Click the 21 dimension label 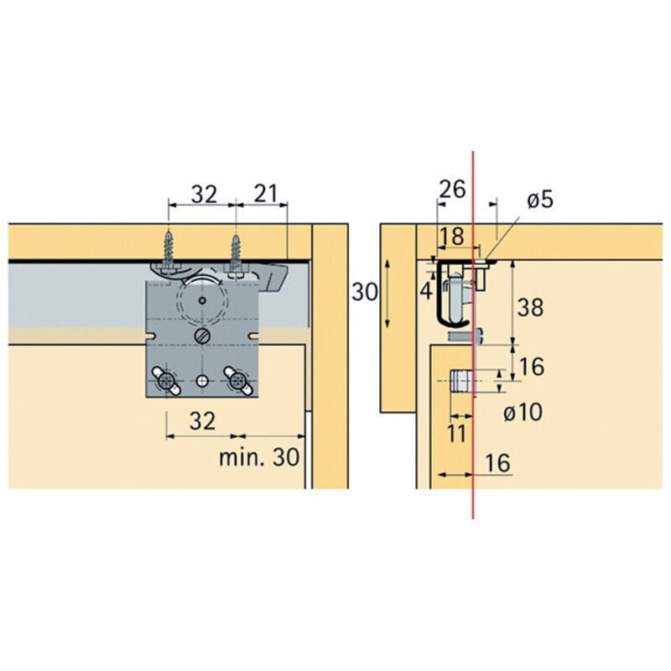[x=265, y=194]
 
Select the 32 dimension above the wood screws [x=202, y=194]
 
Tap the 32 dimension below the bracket [x=201, y=421]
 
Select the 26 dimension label [x=452, y=189]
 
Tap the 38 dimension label [x=530, y=307]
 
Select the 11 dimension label [x=457, y=433]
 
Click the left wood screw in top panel [x=170, y=249]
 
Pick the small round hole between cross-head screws [x=201, y=381]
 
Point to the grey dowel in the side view [x=460, y=382]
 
